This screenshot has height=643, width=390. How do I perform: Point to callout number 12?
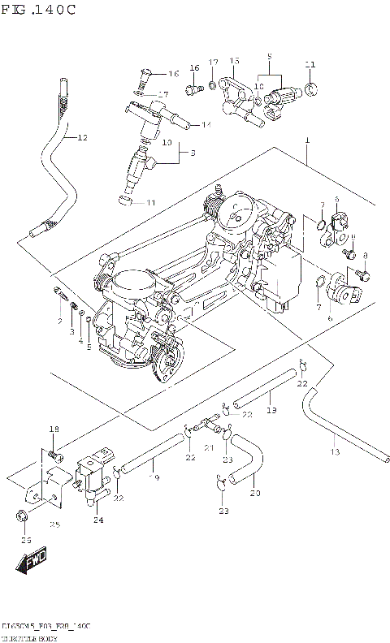tap(81, 137)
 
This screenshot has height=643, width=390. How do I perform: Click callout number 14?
tap(206, 124)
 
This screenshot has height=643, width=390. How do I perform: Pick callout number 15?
tap(234, 61)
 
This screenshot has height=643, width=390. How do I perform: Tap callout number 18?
tap(54, 429)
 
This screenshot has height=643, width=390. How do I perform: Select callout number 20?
tap(255, 493)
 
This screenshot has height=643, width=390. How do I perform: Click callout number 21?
tap(209, 447)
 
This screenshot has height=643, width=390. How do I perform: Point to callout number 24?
tap(97, 520)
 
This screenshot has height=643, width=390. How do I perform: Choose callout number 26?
tap(25, 540)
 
